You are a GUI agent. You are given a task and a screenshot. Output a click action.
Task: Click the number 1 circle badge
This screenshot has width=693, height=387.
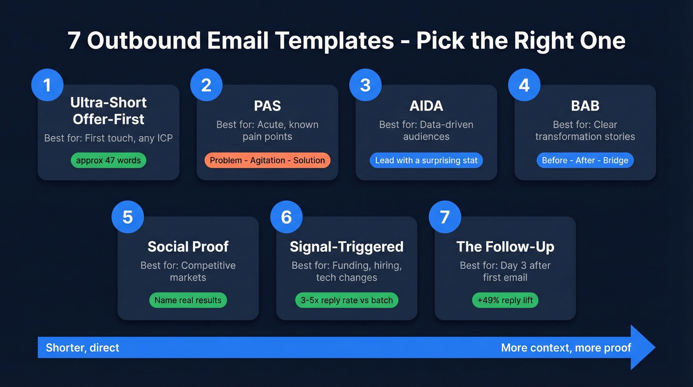pos(47,85)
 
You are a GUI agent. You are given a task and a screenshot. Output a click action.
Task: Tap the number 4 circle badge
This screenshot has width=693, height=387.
pos(524,85)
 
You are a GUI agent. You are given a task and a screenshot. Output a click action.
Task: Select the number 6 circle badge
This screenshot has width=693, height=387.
pos(286,217)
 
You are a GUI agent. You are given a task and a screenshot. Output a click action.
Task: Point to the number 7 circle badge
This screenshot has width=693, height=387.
pos(445,217)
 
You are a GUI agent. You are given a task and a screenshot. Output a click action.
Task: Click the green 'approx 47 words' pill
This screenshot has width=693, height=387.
pos(108,161)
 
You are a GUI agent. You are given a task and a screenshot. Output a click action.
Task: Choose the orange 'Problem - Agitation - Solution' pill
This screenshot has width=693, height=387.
pos(267,161)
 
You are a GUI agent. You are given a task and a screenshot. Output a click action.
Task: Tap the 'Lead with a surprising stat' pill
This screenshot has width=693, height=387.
pos(426,161)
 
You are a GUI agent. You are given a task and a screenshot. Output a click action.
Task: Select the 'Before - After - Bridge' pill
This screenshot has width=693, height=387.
pos(585,161)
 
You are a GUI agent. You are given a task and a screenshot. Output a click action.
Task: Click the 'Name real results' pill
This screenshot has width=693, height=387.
pos(188,300)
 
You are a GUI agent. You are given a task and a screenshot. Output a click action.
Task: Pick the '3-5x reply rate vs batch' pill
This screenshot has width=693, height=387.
pos(346,300)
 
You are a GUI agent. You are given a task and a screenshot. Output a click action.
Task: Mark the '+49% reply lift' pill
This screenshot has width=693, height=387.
pos(505,300)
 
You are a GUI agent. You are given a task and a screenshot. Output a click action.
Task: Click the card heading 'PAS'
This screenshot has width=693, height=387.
pos(267,106)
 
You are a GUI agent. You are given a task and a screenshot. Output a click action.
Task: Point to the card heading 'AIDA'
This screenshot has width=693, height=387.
pos(426,106)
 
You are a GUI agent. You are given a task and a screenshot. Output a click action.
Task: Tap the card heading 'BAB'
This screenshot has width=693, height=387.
pos(585,106)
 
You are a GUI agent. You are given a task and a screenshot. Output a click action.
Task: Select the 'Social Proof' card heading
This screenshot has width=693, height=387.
pos(188,246)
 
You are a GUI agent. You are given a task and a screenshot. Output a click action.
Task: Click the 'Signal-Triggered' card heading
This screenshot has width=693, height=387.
pos(346,246)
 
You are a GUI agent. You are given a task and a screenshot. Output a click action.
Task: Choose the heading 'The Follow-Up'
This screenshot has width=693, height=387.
pos(505,246)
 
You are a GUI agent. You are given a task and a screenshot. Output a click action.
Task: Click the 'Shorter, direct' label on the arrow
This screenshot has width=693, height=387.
pos(83,347)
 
